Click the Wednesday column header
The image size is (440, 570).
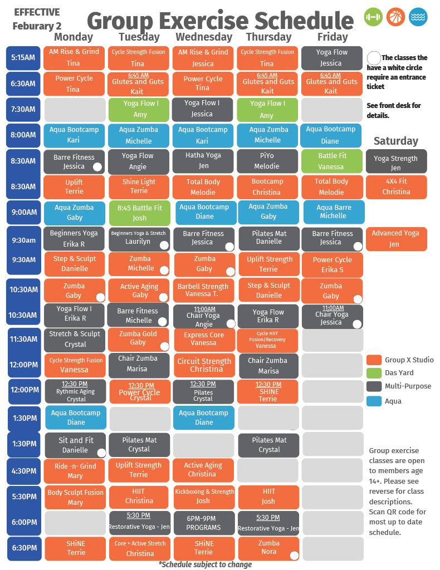[203, 37]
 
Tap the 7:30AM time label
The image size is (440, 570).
[23, 109]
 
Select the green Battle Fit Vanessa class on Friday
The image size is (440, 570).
[331, 161]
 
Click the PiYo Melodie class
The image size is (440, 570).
[267, 161]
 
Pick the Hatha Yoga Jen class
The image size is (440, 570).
[203, 161]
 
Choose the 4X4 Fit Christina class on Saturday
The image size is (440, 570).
[396, 186]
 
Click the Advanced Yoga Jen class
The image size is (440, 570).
[396, 239]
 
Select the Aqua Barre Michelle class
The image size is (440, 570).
[333, 212]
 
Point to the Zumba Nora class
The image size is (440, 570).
[267, 548]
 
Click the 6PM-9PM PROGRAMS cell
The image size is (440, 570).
[203, 522]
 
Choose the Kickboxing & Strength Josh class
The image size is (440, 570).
[204, 497]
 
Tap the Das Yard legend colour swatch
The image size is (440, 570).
[374, 373]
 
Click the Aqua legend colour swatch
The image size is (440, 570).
[374, 401]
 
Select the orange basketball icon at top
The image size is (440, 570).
[395, 17]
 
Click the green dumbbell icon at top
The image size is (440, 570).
[373, 17]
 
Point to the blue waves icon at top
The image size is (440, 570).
[418, 17]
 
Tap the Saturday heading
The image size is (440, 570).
[395, 141]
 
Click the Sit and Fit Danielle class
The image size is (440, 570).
[75, 445]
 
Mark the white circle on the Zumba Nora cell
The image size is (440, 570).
[294, 555]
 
